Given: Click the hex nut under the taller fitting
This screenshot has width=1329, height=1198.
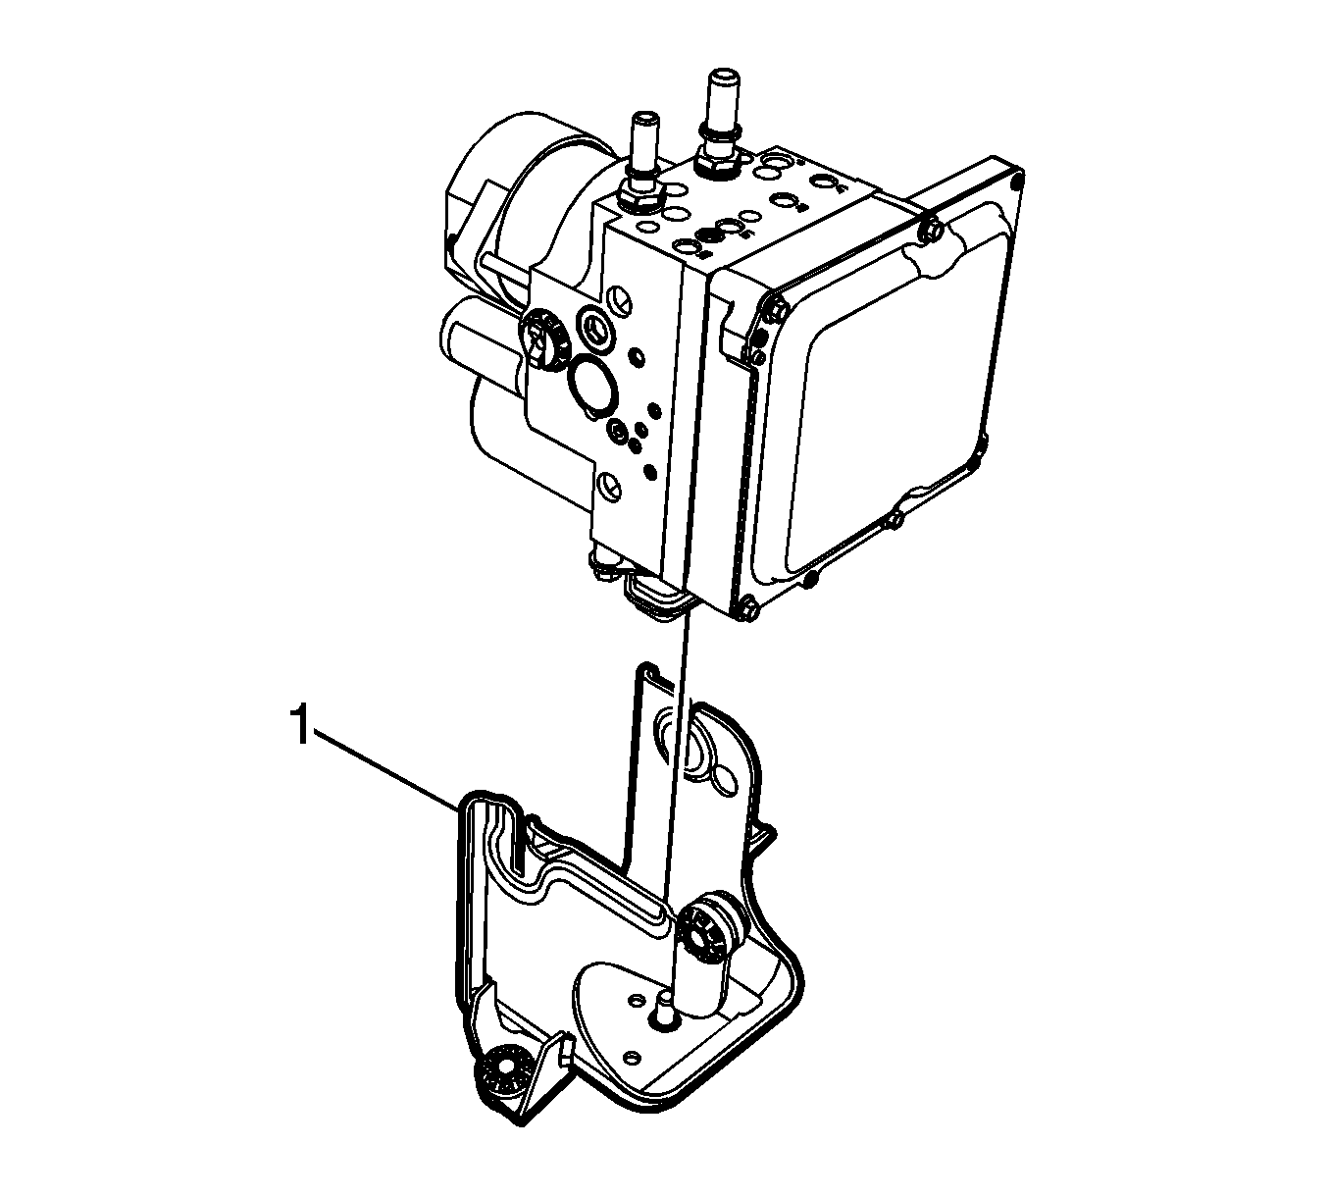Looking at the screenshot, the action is (720, 162).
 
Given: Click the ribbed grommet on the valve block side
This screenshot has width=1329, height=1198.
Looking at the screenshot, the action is (545, 338).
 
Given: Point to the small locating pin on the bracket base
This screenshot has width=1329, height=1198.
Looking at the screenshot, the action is (665, 1020).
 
